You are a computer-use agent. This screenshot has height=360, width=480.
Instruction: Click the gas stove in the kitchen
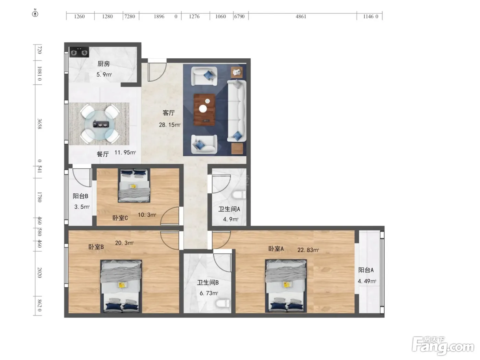[79, 52]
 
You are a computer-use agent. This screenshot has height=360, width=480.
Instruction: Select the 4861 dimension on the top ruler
[301, 16]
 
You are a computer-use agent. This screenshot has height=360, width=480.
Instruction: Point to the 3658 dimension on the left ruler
[39, 124]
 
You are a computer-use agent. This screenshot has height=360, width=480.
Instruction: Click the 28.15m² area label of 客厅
[170, 125]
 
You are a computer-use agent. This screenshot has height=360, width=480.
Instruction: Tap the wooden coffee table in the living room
[204, 109]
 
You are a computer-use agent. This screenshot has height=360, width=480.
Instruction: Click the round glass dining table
[99, 124]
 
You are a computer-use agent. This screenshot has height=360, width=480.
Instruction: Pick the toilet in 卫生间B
[223, 303]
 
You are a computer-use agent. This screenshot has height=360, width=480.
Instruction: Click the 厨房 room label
[104, 64]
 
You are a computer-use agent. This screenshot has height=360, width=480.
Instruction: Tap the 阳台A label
[366, 270]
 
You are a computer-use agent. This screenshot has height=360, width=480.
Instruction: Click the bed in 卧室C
[134, 185]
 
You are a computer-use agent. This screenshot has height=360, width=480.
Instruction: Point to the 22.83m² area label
[308, 250]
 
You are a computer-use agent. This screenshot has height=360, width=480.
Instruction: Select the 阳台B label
[81, 196]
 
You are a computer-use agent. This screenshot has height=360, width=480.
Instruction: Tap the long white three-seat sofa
[237, 111]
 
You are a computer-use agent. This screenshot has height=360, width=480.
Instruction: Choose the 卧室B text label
[96, 247]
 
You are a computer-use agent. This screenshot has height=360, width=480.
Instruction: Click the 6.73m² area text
[209, 293]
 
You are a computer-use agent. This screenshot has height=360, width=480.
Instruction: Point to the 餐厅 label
[103, 154]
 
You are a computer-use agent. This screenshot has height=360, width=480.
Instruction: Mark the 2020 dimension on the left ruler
[39, 272]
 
